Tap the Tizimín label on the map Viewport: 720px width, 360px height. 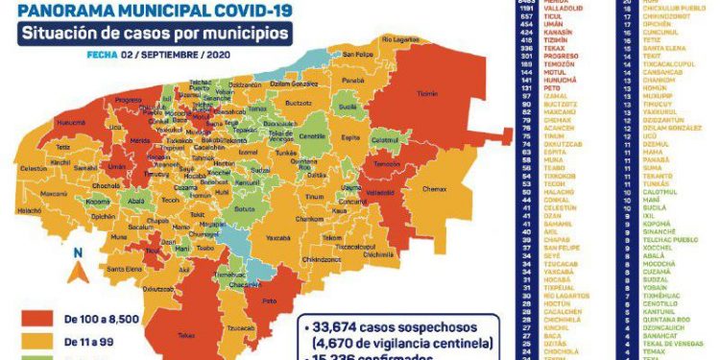pyautogui.click(x=427, y=94)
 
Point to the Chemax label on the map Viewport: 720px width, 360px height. pyautogui.click(x=435, y=189)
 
